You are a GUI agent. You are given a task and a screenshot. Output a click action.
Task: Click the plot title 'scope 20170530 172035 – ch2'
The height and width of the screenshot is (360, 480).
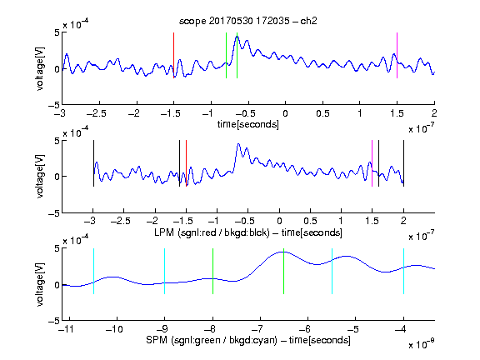pyautogui.click(x=248, y=21)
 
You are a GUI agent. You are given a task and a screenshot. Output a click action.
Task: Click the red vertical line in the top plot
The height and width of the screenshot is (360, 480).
pyautogui.click(x=173, y=55)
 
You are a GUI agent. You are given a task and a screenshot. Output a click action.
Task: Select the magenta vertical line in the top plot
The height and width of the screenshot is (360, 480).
pyautogui.click(x=397, y=55)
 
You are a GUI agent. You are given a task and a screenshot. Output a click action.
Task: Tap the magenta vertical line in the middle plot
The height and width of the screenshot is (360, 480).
pyautogui.click(x=372, y=163)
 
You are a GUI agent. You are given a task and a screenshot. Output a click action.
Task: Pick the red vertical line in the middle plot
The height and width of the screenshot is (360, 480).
pyautogui.click(x=186, y=163)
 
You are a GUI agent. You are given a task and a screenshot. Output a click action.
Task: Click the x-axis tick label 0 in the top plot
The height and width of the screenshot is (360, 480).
pyautogui.click(x=285, y=113)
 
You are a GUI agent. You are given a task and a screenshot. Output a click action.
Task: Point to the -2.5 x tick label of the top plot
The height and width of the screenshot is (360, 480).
pyautogui.click(x=97, y=113)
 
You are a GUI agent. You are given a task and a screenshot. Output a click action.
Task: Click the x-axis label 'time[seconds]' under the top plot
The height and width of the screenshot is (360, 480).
pyautogui.click(x=248, y=125)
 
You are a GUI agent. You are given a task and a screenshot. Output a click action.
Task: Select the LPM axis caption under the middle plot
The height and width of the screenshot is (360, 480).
pyautogui.click(x=248, y=232)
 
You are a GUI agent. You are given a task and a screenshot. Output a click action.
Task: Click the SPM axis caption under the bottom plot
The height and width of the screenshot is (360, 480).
pyautogui.click(x=248, y=340)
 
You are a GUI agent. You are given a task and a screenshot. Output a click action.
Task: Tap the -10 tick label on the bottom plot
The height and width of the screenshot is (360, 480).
pyautogui.click(x=114, y=329)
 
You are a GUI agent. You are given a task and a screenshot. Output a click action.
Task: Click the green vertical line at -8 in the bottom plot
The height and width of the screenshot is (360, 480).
pyautogui.click(x=212, y=271)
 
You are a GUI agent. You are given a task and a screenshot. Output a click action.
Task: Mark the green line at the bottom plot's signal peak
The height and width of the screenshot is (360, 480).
pyautogui.click(x=284, y=271)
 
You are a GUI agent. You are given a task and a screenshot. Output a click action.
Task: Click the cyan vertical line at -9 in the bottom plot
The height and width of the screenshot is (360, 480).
pyautogui.click(x=165, y=271)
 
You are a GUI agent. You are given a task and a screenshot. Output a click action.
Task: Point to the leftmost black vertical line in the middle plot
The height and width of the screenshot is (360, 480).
pyautogui.click(x=93, y=163)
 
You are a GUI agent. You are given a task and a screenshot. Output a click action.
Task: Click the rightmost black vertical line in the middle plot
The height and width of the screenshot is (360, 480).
pyautogui.click(x=403, y=163)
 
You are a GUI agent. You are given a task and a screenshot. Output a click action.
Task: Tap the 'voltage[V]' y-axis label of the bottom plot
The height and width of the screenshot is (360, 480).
pyautogui.click(x=40, y=285)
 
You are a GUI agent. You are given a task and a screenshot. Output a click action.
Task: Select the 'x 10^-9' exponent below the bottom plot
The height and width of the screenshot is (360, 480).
pyautogui.click(x=421, y=344)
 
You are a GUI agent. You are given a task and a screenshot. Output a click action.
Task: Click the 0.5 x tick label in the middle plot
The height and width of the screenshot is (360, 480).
pyautogui.click(x=310, y=221)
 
